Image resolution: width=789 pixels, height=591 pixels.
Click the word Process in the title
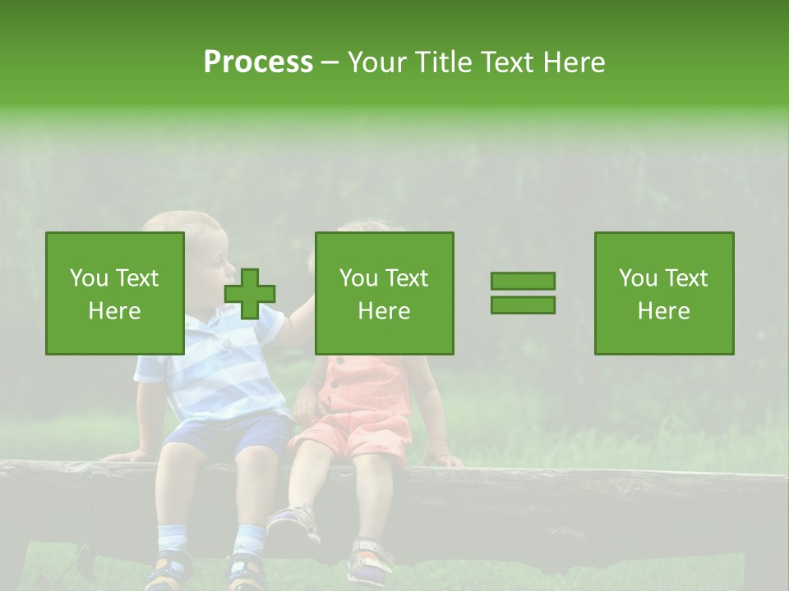[x=258, y=62]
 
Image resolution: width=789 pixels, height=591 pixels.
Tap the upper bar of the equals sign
[x=523, y=282]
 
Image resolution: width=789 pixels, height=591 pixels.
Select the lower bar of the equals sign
[x=523, y=305]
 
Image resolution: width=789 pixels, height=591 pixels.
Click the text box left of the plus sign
[x=115, y=293]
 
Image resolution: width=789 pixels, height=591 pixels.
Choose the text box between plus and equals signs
[x=385, y=293]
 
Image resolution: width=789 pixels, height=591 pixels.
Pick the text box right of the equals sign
[x=664, y=293]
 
